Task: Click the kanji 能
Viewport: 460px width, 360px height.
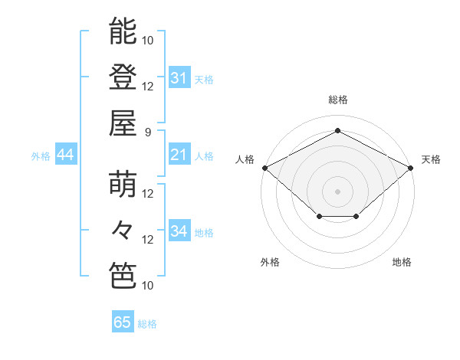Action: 123,32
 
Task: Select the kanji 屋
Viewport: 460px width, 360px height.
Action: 123,123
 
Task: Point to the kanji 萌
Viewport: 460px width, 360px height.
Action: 123,185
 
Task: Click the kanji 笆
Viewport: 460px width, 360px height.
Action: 123,275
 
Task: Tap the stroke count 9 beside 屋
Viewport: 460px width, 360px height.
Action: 148,131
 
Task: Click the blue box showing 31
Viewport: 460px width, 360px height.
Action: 179,77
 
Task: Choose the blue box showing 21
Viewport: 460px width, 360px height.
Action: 179,155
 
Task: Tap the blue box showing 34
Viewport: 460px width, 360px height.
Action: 179,231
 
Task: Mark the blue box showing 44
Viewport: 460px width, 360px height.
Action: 65,155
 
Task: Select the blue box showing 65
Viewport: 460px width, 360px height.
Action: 122,322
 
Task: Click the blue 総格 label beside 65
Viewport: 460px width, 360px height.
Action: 147,324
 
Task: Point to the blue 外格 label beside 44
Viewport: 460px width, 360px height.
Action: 41,155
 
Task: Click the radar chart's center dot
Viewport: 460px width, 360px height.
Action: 337,191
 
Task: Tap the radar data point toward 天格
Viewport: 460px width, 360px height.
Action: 412,167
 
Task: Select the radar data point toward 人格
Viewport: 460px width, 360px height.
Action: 264,167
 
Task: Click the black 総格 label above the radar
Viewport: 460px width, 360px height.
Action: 337,100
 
